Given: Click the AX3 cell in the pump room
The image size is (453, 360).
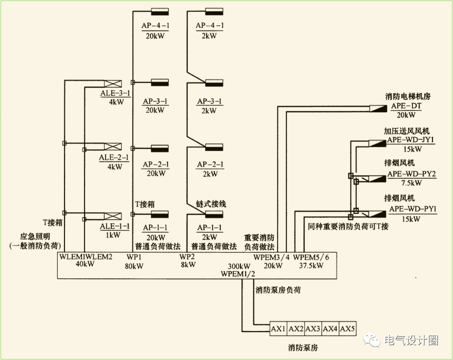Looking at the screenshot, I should [313, 329].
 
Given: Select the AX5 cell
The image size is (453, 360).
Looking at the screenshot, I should [347, 329].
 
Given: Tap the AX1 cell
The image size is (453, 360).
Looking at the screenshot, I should [278, 329].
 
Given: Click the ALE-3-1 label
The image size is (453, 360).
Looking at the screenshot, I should [115, 93].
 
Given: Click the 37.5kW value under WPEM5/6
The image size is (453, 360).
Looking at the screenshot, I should [311, 265].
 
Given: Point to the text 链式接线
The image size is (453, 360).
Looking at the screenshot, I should [211, 204].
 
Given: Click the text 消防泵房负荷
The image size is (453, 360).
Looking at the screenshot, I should [278, 290].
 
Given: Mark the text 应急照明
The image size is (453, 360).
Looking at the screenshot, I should [35, 237].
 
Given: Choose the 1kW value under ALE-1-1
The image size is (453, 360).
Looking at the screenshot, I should [113, 235].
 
